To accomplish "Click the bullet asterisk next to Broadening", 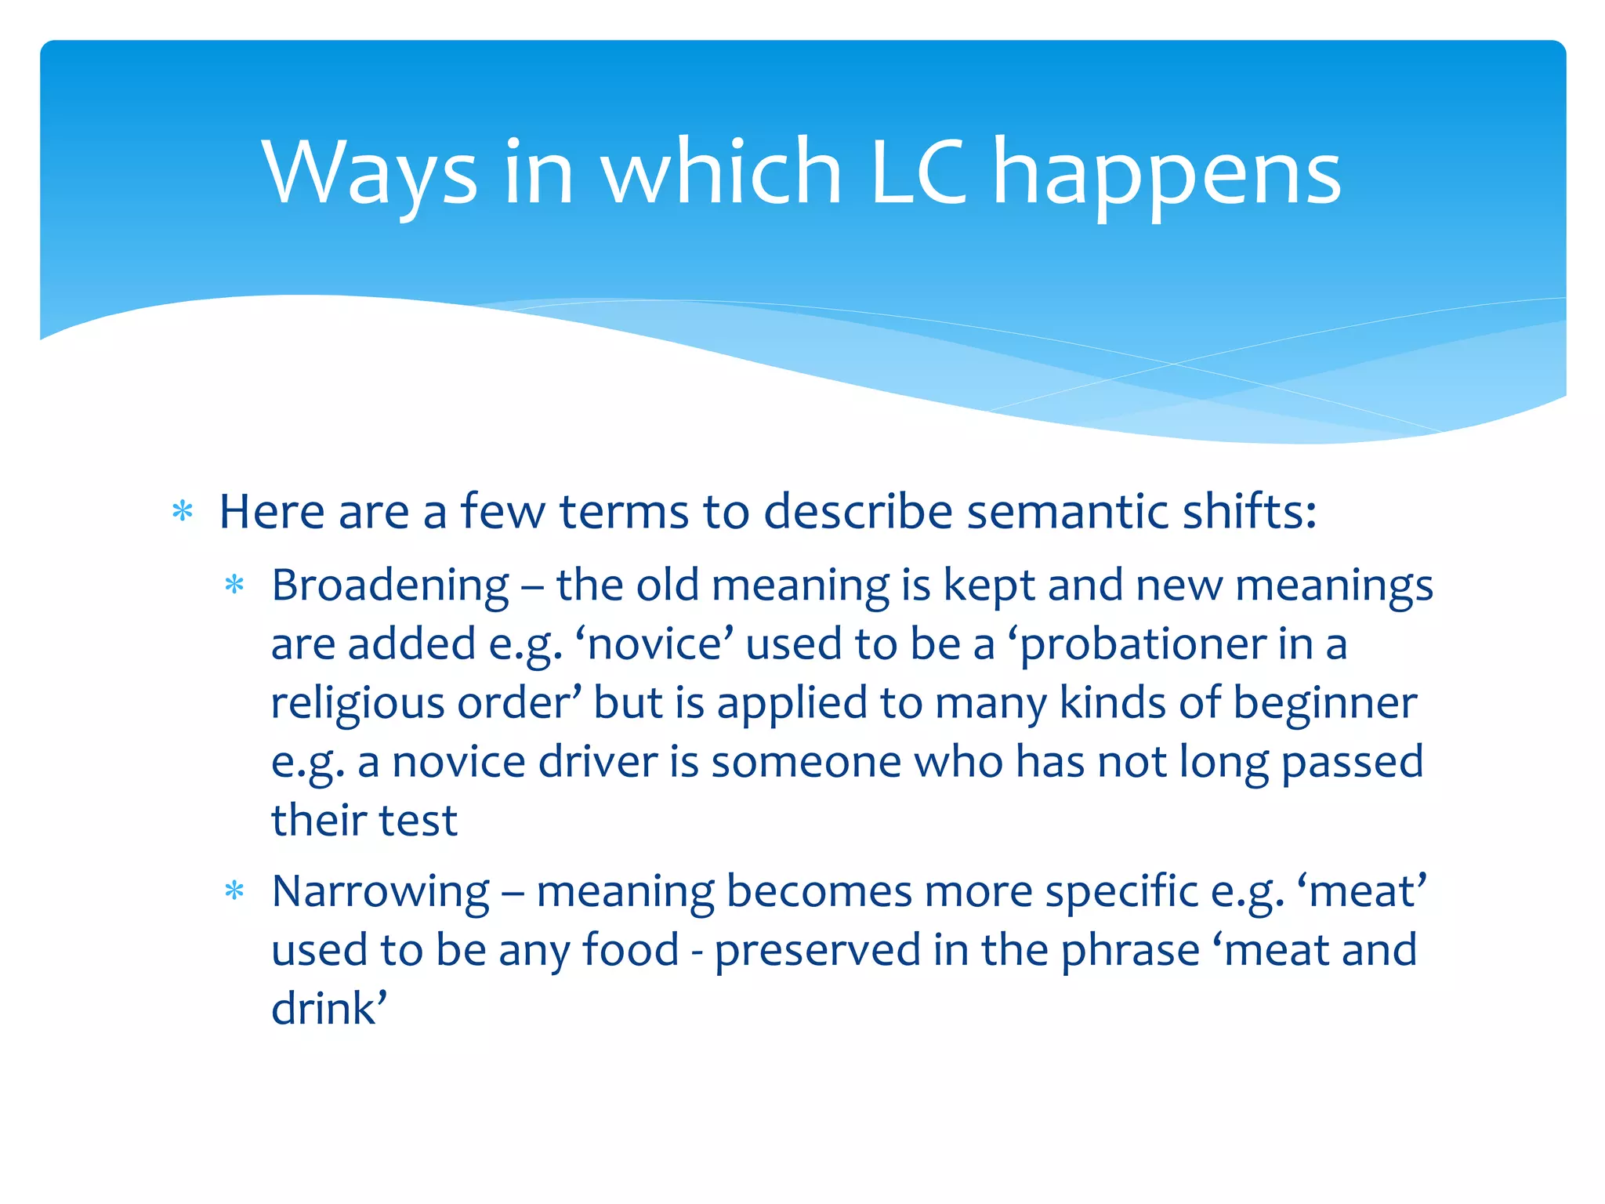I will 234,586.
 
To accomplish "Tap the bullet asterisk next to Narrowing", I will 234,891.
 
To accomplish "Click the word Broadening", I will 390,586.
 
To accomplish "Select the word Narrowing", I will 381,891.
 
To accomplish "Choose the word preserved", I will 817,950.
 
